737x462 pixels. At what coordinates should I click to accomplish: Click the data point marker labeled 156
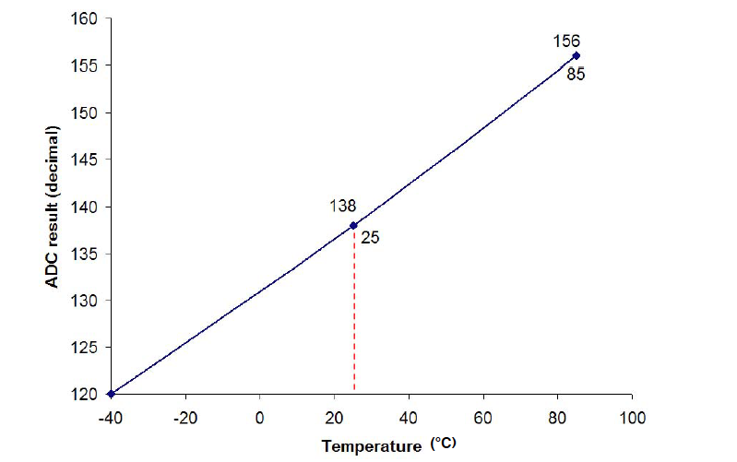click(x=576, y=55)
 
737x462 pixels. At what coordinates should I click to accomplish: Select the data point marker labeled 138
click(x=353, y=225)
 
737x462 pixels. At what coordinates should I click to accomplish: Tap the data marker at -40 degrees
click(x=111, y=394)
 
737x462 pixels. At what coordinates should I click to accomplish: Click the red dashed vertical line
click(x=354, y=314)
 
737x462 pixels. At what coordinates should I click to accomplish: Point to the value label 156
click(x=565, y=41)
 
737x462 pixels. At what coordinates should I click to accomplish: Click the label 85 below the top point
click(x=576, y=74)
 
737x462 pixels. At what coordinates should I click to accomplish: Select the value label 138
click(x=343, y=207)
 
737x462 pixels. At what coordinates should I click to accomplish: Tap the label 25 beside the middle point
click(x=370, y=237)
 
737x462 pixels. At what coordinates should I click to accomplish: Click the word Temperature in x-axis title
click(x=372, y=447)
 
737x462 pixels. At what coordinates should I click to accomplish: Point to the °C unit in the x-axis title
click(x=443, y=444)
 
